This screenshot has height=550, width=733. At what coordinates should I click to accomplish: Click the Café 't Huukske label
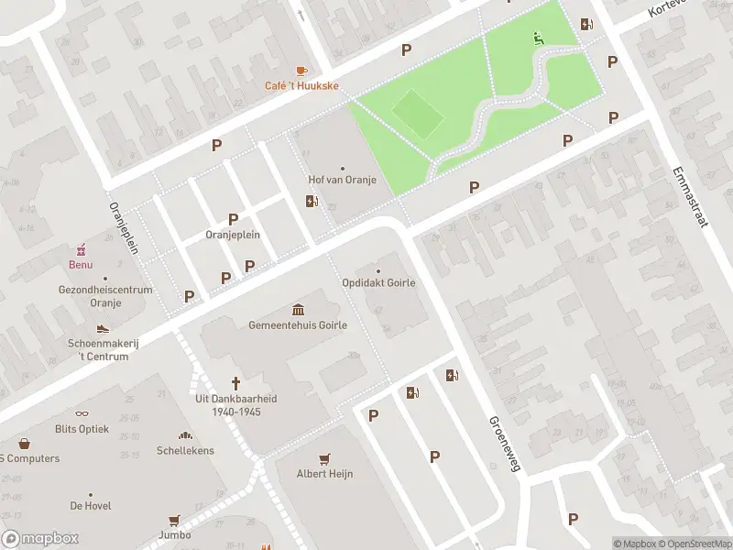coord(302,86)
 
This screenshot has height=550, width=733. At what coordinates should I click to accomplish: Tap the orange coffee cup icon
coord(301,71)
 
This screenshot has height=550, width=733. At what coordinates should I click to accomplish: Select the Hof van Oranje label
coord(343,180)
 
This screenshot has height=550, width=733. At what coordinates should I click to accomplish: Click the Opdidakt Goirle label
coord(378,282)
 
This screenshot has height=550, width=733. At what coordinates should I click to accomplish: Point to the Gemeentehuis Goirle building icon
coord(298,310)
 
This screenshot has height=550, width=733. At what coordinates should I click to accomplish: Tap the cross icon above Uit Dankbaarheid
coord(235,383)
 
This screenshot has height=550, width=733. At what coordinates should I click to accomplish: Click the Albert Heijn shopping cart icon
coord(324,458)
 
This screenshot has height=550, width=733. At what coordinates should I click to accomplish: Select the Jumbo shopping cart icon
coord(174,520)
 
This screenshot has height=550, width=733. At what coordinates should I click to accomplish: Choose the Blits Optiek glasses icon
coord(81,413)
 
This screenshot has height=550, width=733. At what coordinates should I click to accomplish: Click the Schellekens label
coord(185,450)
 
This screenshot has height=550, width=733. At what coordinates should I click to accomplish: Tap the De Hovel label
coord(90,505)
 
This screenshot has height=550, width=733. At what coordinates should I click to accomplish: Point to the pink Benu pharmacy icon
coord(81,249)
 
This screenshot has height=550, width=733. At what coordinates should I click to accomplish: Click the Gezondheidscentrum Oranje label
coord(105,295)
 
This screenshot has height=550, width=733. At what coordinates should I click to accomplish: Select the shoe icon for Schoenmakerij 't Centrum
coord(103,328)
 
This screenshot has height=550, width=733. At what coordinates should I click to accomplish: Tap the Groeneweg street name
coord(505,443)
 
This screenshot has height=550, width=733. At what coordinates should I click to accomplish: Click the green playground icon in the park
coord(538,38)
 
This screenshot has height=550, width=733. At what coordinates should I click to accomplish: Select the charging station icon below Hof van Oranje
coord(312,202)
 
